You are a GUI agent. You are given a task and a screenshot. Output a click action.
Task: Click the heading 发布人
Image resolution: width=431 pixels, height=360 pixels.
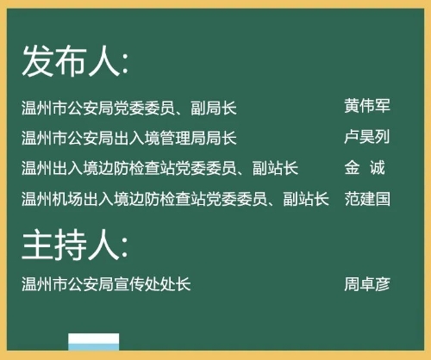click(75, 61)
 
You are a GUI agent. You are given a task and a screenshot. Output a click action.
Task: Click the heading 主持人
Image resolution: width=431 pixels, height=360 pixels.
click(75, 245)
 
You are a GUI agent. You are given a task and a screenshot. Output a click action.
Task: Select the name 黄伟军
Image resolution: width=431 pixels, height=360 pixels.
click(367, 106)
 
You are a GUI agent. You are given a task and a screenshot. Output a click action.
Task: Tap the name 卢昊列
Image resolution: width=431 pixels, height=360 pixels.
click(367, 137)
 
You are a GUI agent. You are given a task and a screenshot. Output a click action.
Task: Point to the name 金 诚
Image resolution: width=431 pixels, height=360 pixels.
click(365, 168)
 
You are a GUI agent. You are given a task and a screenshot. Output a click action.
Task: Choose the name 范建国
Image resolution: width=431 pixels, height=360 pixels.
click(367, 199)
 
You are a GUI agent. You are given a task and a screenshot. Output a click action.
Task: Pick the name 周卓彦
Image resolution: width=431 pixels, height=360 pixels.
click(367, 284)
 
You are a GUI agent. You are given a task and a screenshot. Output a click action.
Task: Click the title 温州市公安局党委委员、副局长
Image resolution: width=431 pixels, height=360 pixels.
click(129, 109)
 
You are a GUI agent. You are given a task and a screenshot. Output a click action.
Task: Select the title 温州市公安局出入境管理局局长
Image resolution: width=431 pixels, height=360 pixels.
click(129, 138)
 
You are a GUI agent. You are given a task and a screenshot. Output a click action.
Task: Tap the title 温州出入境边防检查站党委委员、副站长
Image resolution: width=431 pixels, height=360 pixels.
click(159, 168)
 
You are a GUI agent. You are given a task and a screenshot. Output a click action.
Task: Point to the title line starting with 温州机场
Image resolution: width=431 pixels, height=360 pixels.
click(175, 199)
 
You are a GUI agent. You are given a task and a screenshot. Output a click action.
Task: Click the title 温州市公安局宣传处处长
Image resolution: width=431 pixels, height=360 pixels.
click(106, 284)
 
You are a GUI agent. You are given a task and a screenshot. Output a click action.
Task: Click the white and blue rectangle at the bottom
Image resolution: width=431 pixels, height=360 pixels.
click(94, 342)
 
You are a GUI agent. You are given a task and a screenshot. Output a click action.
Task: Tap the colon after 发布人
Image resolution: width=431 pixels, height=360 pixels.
click(125, 65)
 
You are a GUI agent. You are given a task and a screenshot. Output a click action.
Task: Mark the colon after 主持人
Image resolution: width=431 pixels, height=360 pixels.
click(125, 249)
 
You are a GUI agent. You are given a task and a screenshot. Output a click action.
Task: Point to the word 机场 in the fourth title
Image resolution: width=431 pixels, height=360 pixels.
click(67, 199)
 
